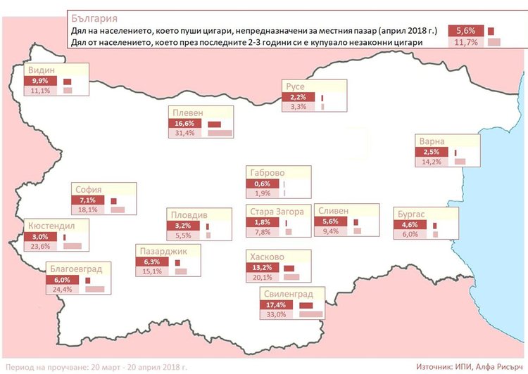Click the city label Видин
(42, 70)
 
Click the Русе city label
(296, 86)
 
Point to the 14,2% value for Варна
(428, 162)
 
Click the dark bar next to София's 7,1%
(115, 200)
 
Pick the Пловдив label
(189, 214)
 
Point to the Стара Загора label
(277, 212)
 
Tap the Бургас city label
(409, 214)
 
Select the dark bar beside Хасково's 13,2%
(289, 268)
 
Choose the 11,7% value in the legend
(467, 43)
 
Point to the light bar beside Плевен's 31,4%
(220, 134)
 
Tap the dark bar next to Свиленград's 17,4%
(306, 304)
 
